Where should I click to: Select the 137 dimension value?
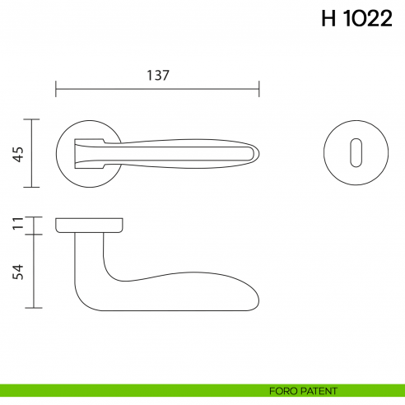click(x=157, y=75)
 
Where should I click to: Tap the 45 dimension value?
click(x=18, y=153)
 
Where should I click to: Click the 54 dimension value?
click(x=18, y=272)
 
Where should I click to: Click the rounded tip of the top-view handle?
click(x=257, y=153)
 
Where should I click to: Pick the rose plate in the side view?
click(x=91, y=225)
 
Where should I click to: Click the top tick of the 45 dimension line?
click(x=31, y=119)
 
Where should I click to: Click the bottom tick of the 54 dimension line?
click(x=31, y=309)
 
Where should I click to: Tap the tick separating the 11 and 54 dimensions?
click(x=31, y=234)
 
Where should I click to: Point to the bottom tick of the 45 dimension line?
click(x=31, y=187)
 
